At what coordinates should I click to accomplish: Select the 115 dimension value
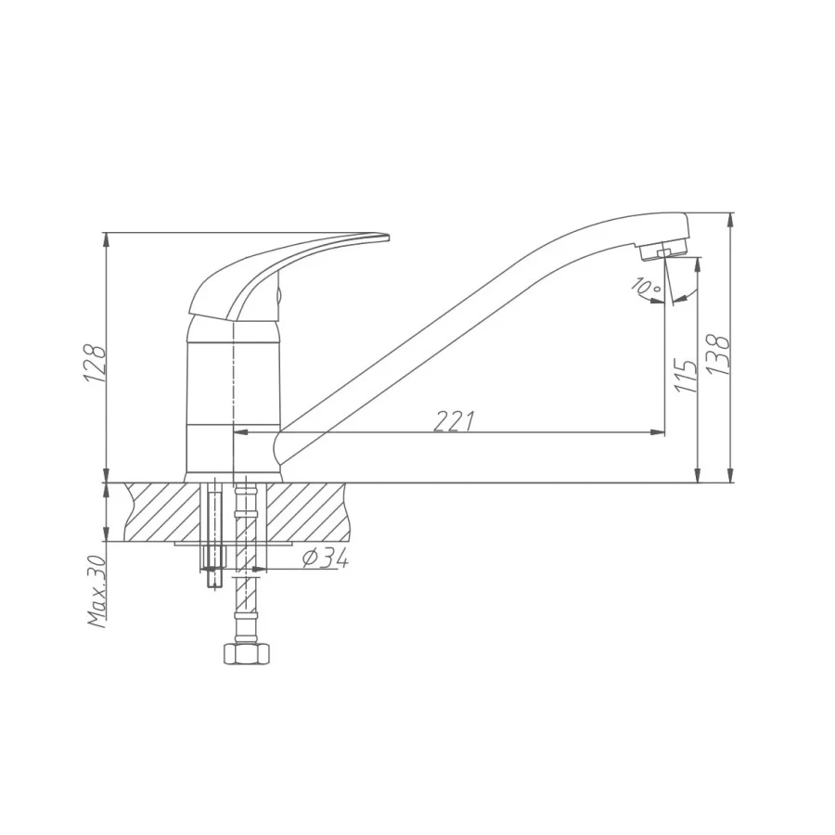pyautogui.click(x=686, y=375)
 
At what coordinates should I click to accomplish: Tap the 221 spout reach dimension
pyautogui.click(x=455, y=421)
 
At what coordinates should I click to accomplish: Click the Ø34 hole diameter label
pyautogui.click(x=326, y=558)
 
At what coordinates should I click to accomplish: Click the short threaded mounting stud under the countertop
pyautogui.click(x=212, y=547)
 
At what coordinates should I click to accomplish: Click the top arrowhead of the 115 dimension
pyautogui.click(x=697, y=263)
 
